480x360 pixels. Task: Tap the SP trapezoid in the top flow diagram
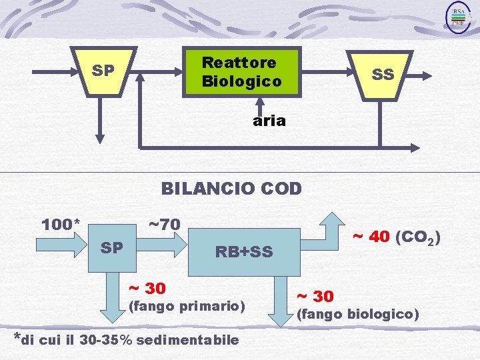coord(103,70)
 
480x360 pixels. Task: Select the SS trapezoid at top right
coord(382,74)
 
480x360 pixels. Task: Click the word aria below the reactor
coord(269,121)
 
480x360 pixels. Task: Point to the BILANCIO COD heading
coord(231,189)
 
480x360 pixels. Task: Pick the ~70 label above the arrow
coord(163,224)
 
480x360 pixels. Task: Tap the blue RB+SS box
coord(243,251)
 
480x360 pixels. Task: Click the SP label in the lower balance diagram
coord(111,248)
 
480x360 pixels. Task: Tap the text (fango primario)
coord(186,307)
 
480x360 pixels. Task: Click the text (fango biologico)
coord(357,313)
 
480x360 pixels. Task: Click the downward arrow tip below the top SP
coord(100,139)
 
